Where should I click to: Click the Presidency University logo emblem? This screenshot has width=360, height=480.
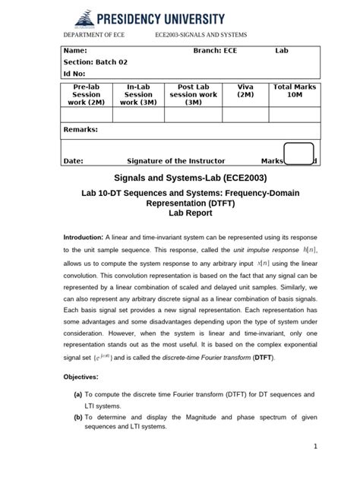point(81,16)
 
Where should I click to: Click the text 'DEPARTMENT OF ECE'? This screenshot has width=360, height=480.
point(93,36)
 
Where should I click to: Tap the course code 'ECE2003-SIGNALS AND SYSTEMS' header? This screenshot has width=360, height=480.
point(201,36)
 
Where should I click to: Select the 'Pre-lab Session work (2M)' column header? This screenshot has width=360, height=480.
point(86,95)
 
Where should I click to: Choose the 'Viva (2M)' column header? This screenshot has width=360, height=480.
point(245,91)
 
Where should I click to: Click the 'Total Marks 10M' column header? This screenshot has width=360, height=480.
point(294,91)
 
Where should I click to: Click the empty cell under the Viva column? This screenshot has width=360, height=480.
point(245,115)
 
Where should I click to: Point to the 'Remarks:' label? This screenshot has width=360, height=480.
point(81,130)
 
